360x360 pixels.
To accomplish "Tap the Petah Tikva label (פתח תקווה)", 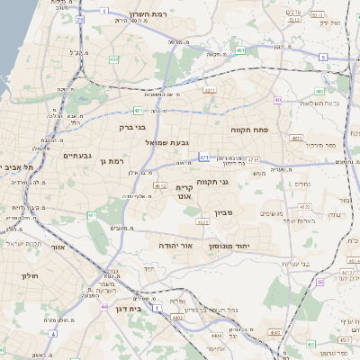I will coord(262,130).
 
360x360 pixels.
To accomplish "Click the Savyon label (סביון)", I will coord(223,214).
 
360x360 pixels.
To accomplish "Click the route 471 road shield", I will coord(204,157).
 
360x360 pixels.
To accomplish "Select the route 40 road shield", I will coord(278,100).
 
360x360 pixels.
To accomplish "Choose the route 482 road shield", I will coord(114,59).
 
